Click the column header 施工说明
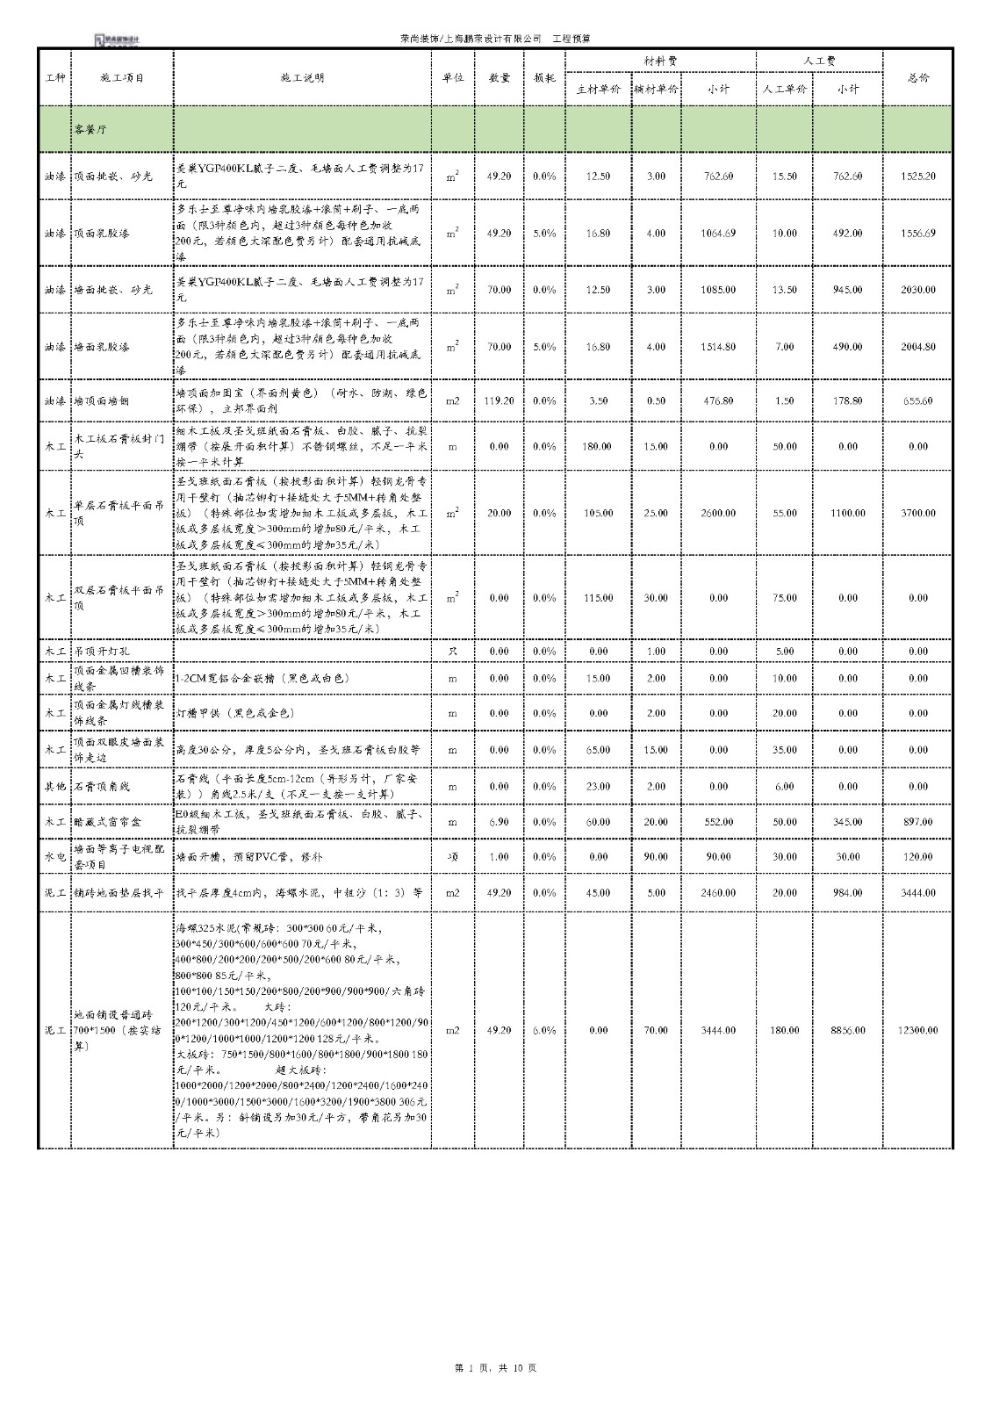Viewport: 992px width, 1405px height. (302, 77)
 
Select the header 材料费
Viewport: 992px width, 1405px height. (660, 61)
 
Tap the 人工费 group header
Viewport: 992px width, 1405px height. (819, 61)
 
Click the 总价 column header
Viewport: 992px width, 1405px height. (917, 77)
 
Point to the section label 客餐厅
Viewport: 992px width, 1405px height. (91, 129)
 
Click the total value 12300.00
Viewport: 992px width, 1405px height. (918, 1030)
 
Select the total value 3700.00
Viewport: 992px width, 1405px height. (918, 513)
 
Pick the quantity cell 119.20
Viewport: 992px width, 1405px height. (499, 400)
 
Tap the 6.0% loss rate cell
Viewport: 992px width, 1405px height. (544, 1030)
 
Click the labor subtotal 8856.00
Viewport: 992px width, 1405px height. (848, 1030)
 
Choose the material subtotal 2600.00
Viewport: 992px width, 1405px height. (718, 513)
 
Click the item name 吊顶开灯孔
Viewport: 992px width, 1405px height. (101, 652)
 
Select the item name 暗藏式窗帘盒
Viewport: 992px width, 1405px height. (108, 822)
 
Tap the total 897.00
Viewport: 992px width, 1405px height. (918, 822)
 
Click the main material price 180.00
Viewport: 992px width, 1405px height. (597, 446)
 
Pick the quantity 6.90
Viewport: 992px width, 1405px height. (499, 822)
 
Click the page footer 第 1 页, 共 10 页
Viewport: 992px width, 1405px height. (496, 1368)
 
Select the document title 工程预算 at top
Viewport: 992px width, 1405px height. (571, 40)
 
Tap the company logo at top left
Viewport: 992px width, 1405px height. (117, 40)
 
